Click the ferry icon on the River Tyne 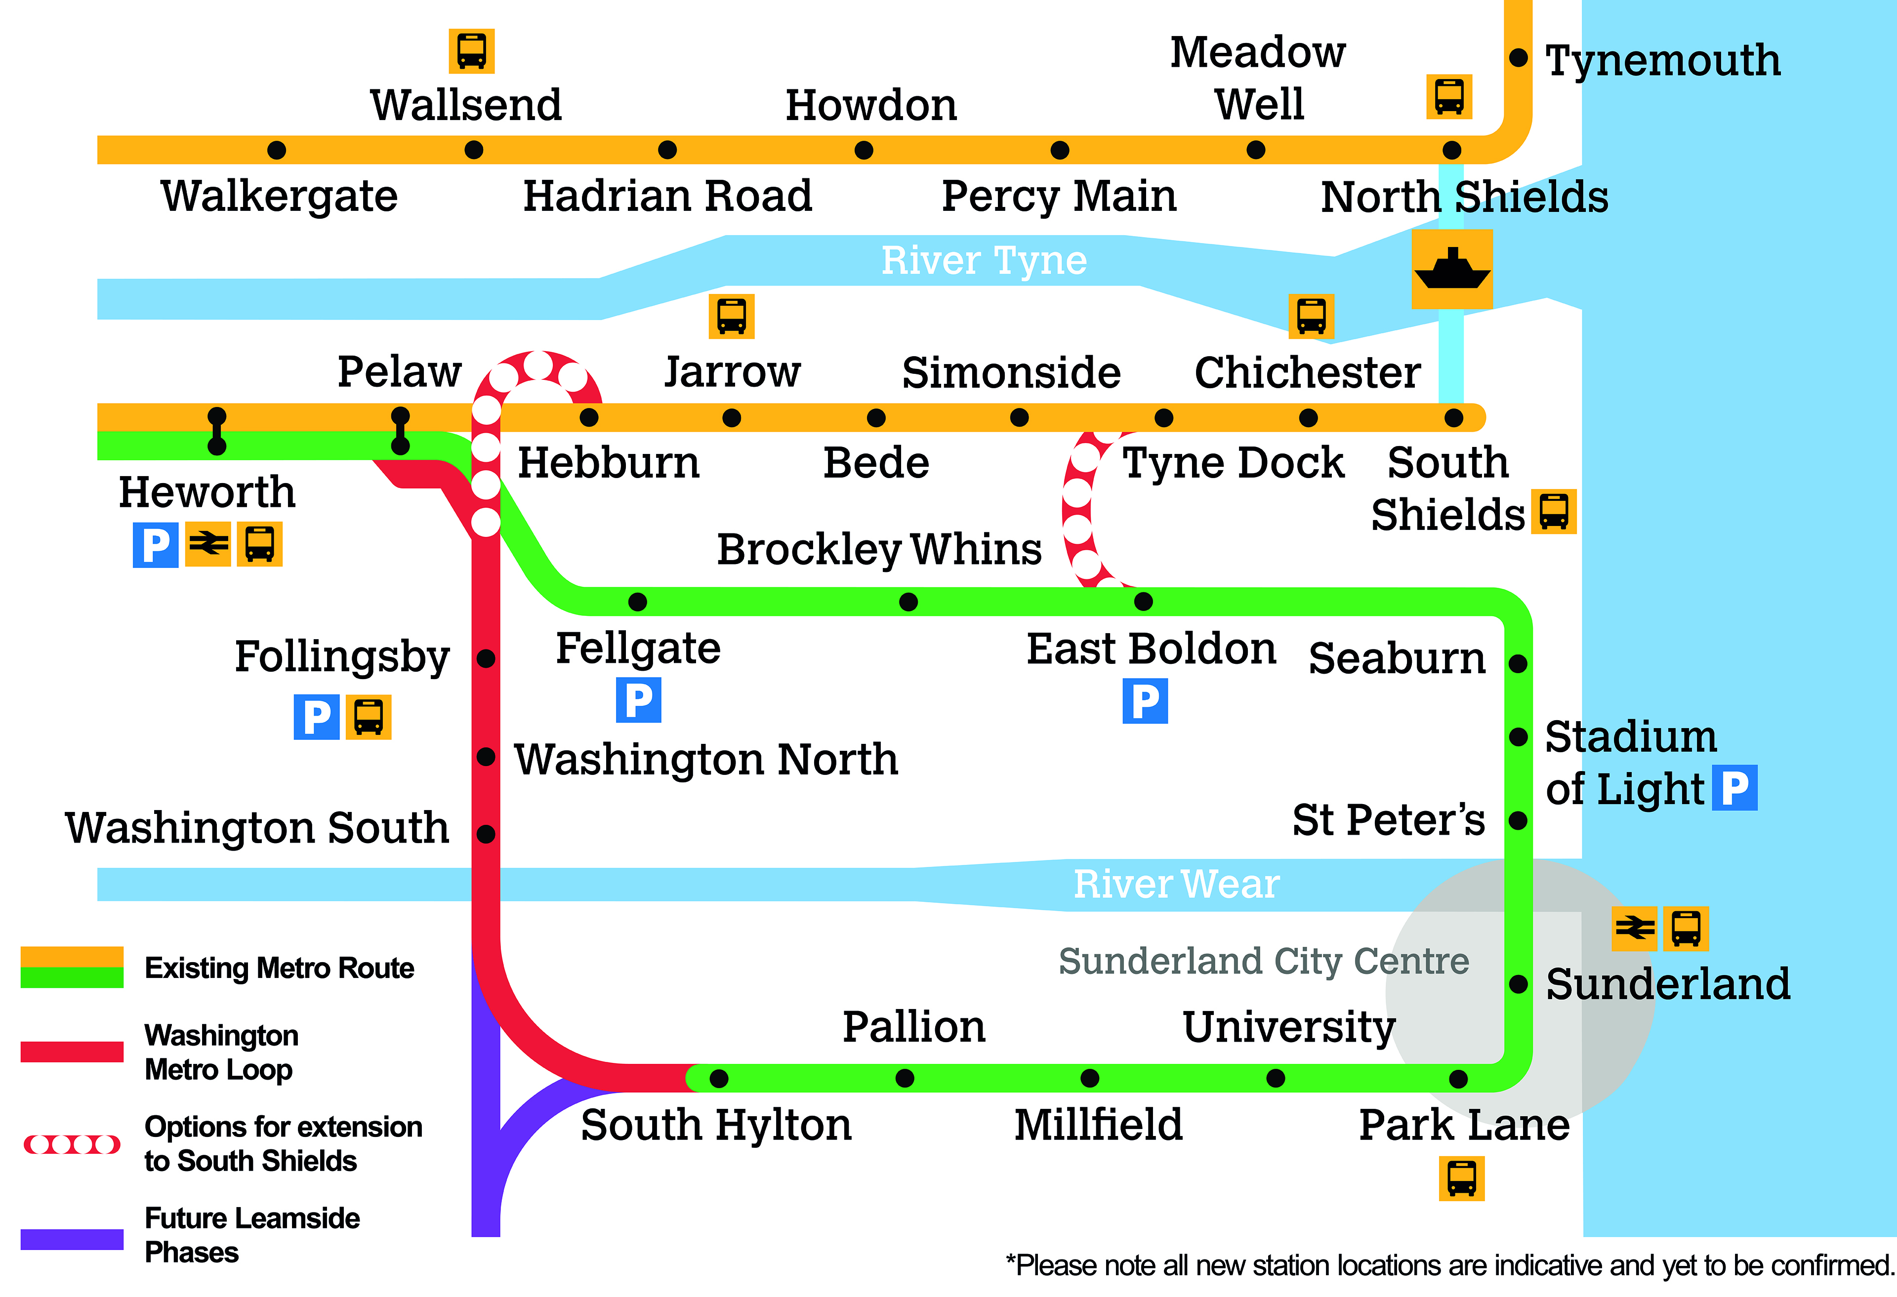(x=1452, y=269)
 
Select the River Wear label (x=1175, y=884)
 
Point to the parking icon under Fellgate (x=638, y=700)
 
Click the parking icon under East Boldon (x=1145, y=701)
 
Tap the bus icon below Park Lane (x=1461, y=1178)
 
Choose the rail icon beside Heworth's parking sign (x=208, y=544)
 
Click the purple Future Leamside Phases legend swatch (x=72, y=1239)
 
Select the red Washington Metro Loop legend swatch (x=72, y=1052)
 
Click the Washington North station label (x=706, y=759)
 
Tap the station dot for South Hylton (x=718, y=1078)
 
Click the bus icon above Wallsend (x=472, y=51)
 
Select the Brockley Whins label (x=879, y=549)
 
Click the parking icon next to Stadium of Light (x=1734, y=788)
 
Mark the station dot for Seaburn (x=1518, y=664)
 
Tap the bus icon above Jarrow (x=731, y=316)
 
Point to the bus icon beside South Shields (x=1553, y=512)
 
